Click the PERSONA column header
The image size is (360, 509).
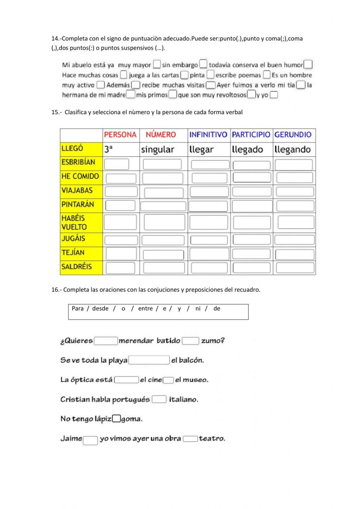pyautogui.click(x=120, y=135)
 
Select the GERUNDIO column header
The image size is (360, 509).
pyautogui.click(x=293, y=135)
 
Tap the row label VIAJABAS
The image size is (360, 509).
pyautogui.click(x=77, y=190)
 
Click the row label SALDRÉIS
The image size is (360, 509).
pyautogui.click(x=77, y=267)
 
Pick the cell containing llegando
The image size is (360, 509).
pyautogui.click(x=292, y=149)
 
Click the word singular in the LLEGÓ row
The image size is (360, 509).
pyautogui.click(x=158, y=149)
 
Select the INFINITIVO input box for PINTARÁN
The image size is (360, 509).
pyautogui.click(x=208, y=206)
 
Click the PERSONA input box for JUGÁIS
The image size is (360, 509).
pyautogui.click(x=121, y=240)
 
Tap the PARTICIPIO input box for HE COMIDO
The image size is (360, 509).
pyautogui.click(x=252, y=177)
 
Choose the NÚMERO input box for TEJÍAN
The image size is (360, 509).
pyautogui.click(x=163, y=255)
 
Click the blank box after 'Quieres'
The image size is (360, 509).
pyautogui.click(x=106, y=341)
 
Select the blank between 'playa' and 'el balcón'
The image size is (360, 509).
pyautogui.click(x=149, y=360)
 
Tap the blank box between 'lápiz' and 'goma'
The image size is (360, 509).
pyautogui.click(x=116, y=419)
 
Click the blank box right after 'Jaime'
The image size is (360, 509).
pyautogui.click(x=90, y=440)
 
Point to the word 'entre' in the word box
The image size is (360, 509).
pyautogui.click(x=145, y=308)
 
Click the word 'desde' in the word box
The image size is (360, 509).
pyautogui.click(x=100, y=308)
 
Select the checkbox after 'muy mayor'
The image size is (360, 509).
pyautogui.click(x=157, y=64)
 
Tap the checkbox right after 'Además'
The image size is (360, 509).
pyautogui.click(x=135, y=85)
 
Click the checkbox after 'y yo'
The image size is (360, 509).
pyautogui.click(x=274, y=95)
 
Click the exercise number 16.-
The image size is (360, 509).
pyautogui.click(x=57, y=290)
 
